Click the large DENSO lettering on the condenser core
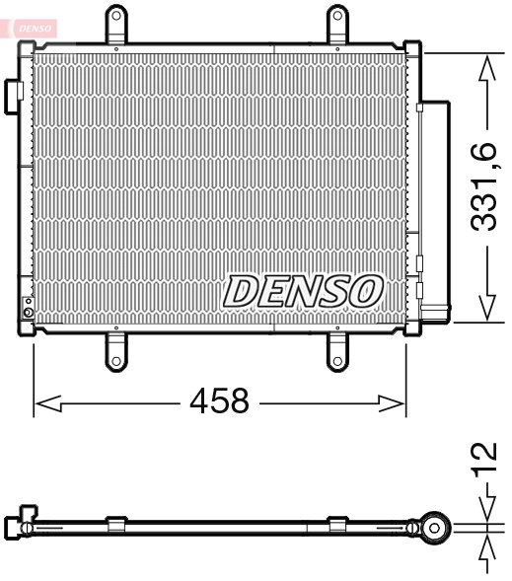coord(303,290)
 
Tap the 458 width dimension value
coord(220,402)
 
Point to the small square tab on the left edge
coord(15,91)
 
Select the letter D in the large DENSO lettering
coord(242,290)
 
